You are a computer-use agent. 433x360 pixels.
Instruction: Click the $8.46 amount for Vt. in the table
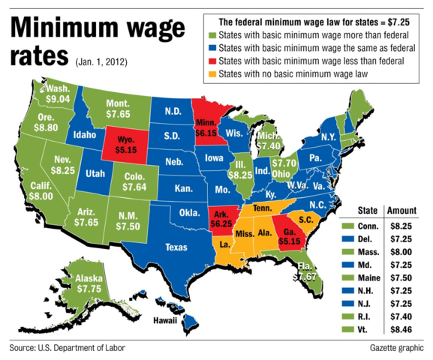coord(405,328)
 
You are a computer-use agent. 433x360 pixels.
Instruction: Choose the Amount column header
coord(404,211)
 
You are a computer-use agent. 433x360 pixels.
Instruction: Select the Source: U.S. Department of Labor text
coord(67,349)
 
